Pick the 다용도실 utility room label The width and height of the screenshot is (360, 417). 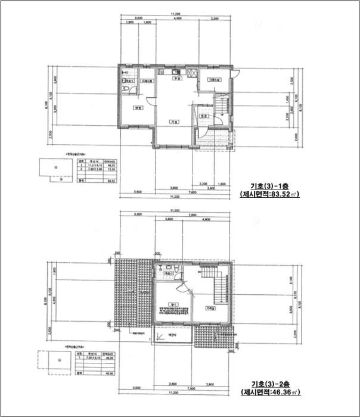tap(214, 80)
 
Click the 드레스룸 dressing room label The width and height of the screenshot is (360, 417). tap(147, 81)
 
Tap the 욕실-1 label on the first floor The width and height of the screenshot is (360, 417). tap(129, 80)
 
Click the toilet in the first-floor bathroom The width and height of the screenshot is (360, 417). tap(124, 90)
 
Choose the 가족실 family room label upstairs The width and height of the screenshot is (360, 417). tap(210, 309)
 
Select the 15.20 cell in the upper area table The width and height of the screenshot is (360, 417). tap(109, 170)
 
